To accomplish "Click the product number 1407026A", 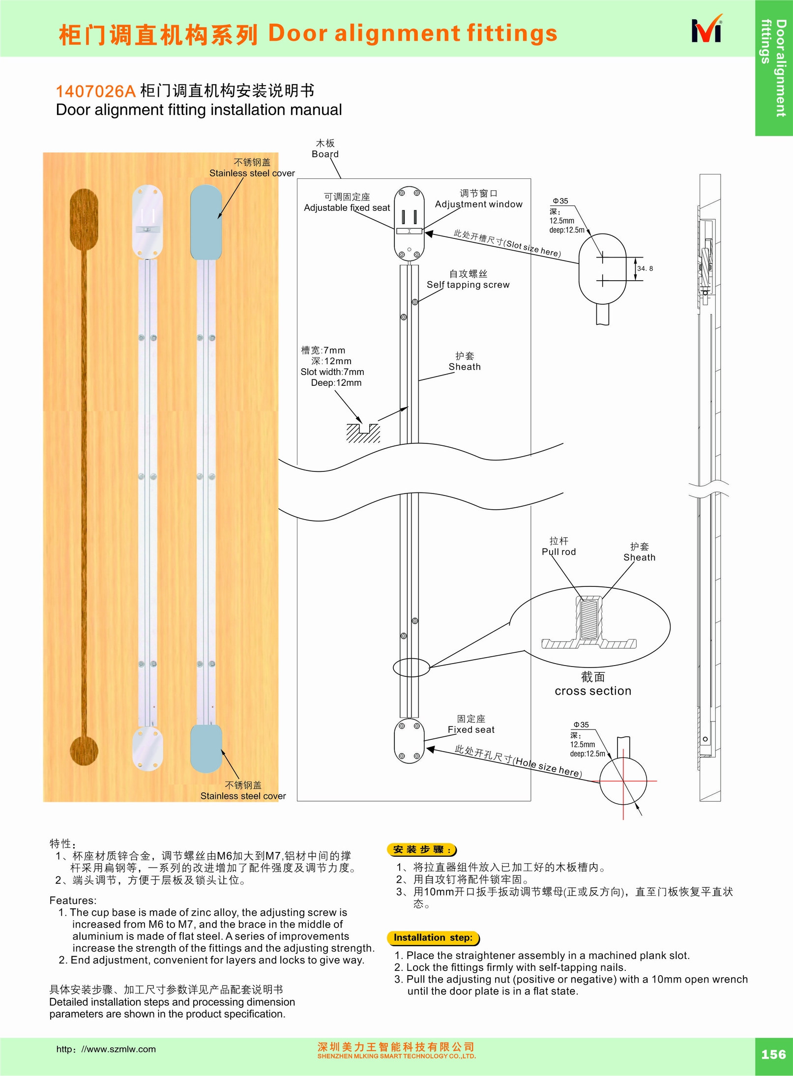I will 95,91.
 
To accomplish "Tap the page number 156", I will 773,1054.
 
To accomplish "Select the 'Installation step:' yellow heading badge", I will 433,937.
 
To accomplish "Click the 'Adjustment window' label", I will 478,204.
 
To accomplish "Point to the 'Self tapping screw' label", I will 468,285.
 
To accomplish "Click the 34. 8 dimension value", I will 645,269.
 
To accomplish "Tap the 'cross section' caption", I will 592,691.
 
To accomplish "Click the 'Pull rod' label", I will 558,552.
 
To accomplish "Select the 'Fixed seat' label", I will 470,729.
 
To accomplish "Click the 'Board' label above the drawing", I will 325,154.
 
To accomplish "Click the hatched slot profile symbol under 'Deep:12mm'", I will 363,433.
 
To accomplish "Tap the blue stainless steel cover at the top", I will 206,222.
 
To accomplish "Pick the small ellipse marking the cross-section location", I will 411,667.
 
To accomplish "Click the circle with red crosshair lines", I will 622,781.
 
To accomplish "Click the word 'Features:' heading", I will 73,900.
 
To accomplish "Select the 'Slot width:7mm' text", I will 332,372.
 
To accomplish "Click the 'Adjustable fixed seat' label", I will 347,207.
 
